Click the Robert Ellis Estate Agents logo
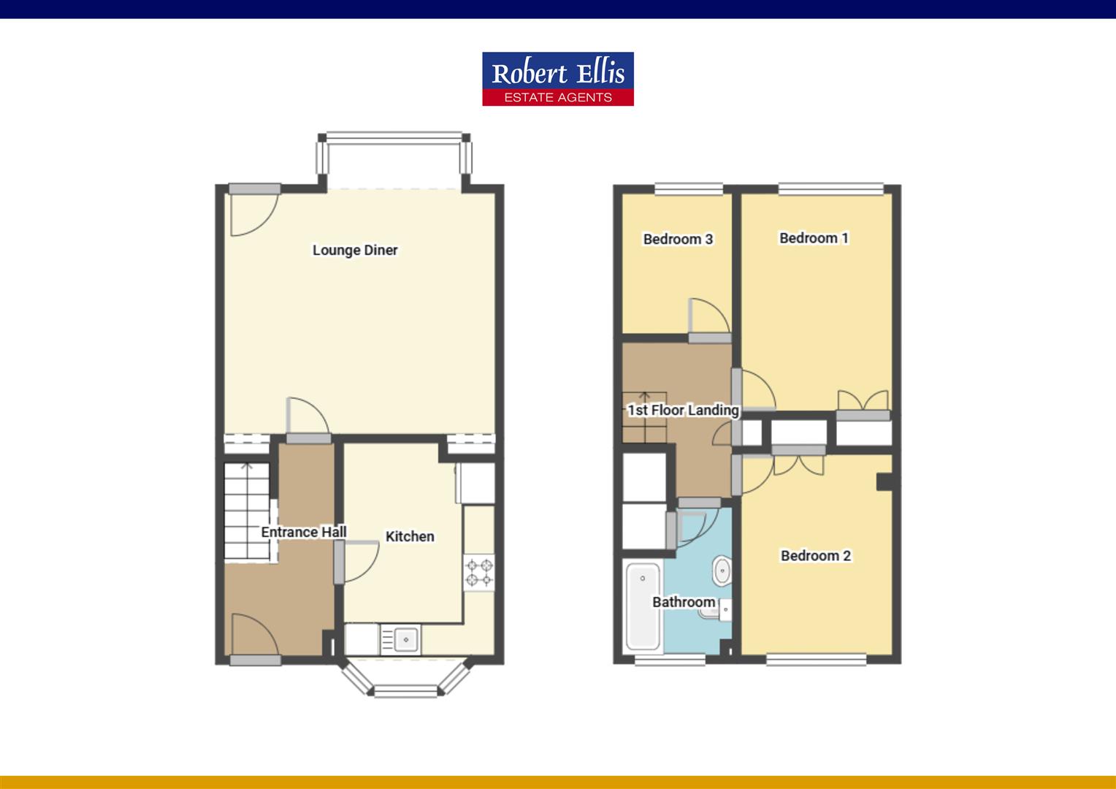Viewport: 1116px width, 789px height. click(x=557, y=79)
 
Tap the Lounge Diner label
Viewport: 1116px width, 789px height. click(x=355, y=250)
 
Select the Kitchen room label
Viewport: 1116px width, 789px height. click(x=410, y=536)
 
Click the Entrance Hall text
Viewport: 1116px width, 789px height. click(x=304, y=532)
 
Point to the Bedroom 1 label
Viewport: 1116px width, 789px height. click(x=814, y=237)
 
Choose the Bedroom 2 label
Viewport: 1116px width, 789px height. click(x=816, y=555)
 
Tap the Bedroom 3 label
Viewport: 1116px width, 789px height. click(x=678, y=239)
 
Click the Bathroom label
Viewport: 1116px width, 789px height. click(x=684, y=602)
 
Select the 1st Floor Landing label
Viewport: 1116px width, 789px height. click(x=683, y=410)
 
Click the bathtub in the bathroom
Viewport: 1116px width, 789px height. click(x=643, y=606)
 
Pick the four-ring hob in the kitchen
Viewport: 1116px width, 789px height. click(x=479, y=572)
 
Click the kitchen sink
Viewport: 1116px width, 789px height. click(x=404, y=639)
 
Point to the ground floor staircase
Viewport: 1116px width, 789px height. click(x=247, y=511)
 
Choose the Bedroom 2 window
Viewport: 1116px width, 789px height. click(x=816, y=660)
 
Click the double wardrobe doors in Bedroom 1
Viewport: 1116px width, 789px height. click(x=863, y=404)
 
